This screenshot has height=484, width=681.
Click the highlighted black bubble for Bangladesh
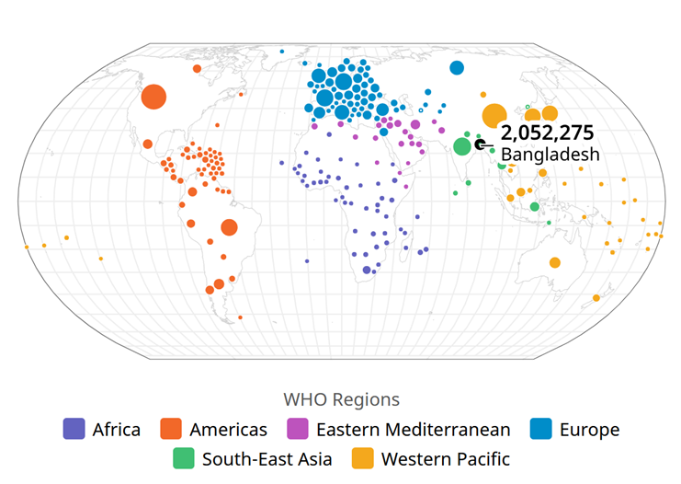pyautogui.click(x=480, y=144)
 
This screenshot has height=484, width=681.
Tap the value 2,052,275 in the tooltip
pyautogui.click(x=547, y=133)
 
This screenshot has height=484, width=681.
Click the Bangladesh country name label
pyautogui.click(x=550, y=155)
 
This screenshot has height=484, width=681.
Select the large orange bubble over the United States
pyautogui.click(x=153, y=97)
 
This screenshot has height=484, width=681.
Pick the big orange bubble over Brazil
pyautogui.click(x=229, y=227)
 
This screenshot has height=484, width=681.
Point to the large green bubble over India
pyautogui.click(x=462, y=146)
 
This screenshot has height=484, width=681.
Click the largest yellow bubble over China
pyautogui.click(x=494, y=116)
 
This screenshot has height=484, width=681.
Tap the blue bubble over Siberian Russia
pyautogui.click(x=457, y=67)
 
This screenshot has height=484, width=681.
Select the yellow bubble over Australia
pyautogui.click(x=555, y=262)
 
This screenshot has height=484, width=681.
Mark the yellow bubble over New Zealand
pyautogui.click(x=596, y=298)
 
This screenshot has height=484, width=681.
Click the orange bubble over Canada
pyautogui.click(x=197, y=68)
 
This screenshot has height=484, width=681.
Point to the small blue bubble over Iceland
pyautogui.click(x=281, y=51)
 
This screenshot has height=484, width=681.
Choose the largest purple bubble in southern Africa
pyautogui.click(x=367, y=270)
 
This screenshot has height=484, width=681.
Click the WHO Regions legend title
pyautogui.click(x=341, y=399)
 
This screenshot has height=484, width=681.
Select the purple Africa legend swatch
pyautogui.click(x=74, y=429)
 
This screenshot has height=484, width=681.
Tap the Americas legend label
pyautogui.click(x=228, y=429)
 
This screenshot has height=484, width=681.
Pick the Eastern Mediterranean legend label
pyautogui.click(x=413, y=429)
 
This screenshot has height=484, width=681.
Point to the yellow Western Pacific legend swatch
pyautogui.click(x=363, y=458)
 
